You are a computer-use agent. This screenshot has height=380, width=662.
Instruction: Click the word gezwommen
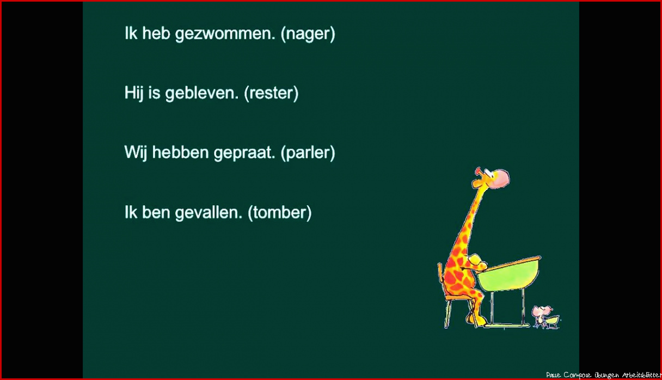click(x=225, y=34)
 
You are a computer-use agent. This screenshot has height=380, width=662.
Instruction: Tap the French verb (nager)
click(x=308, y=34)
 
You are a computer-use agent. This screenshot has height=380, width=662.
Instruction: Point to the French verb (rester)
click(x=271, y=94)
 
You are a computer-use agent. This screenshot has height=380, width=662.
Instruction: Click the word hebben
click(x=180, y=152)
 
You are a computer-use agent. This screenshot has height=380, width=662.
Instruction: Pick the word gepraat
click(x=244, y=153)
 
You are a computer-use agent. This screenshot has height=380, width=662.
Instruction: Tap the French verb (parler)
click(x=308, y=153)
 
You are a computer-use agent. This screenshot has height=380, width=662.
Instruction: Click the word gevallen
click(x=209, y=213)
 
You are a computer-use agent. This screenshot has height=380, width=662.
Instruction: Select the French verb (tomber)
click(x=280, y=213)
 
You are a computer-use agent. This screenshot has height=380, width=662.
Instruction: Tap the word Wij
click(x=136, y=153)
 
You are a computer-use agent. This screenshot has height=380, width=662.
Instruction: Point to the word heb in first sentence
click(x=156, y=33)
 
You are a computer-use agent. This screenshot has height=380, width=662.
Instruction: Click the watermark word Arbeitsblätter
click(x=641, y=375)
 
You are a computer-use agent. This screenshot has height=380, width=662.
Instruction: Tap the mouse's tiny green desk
click(x=552, y=322)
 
